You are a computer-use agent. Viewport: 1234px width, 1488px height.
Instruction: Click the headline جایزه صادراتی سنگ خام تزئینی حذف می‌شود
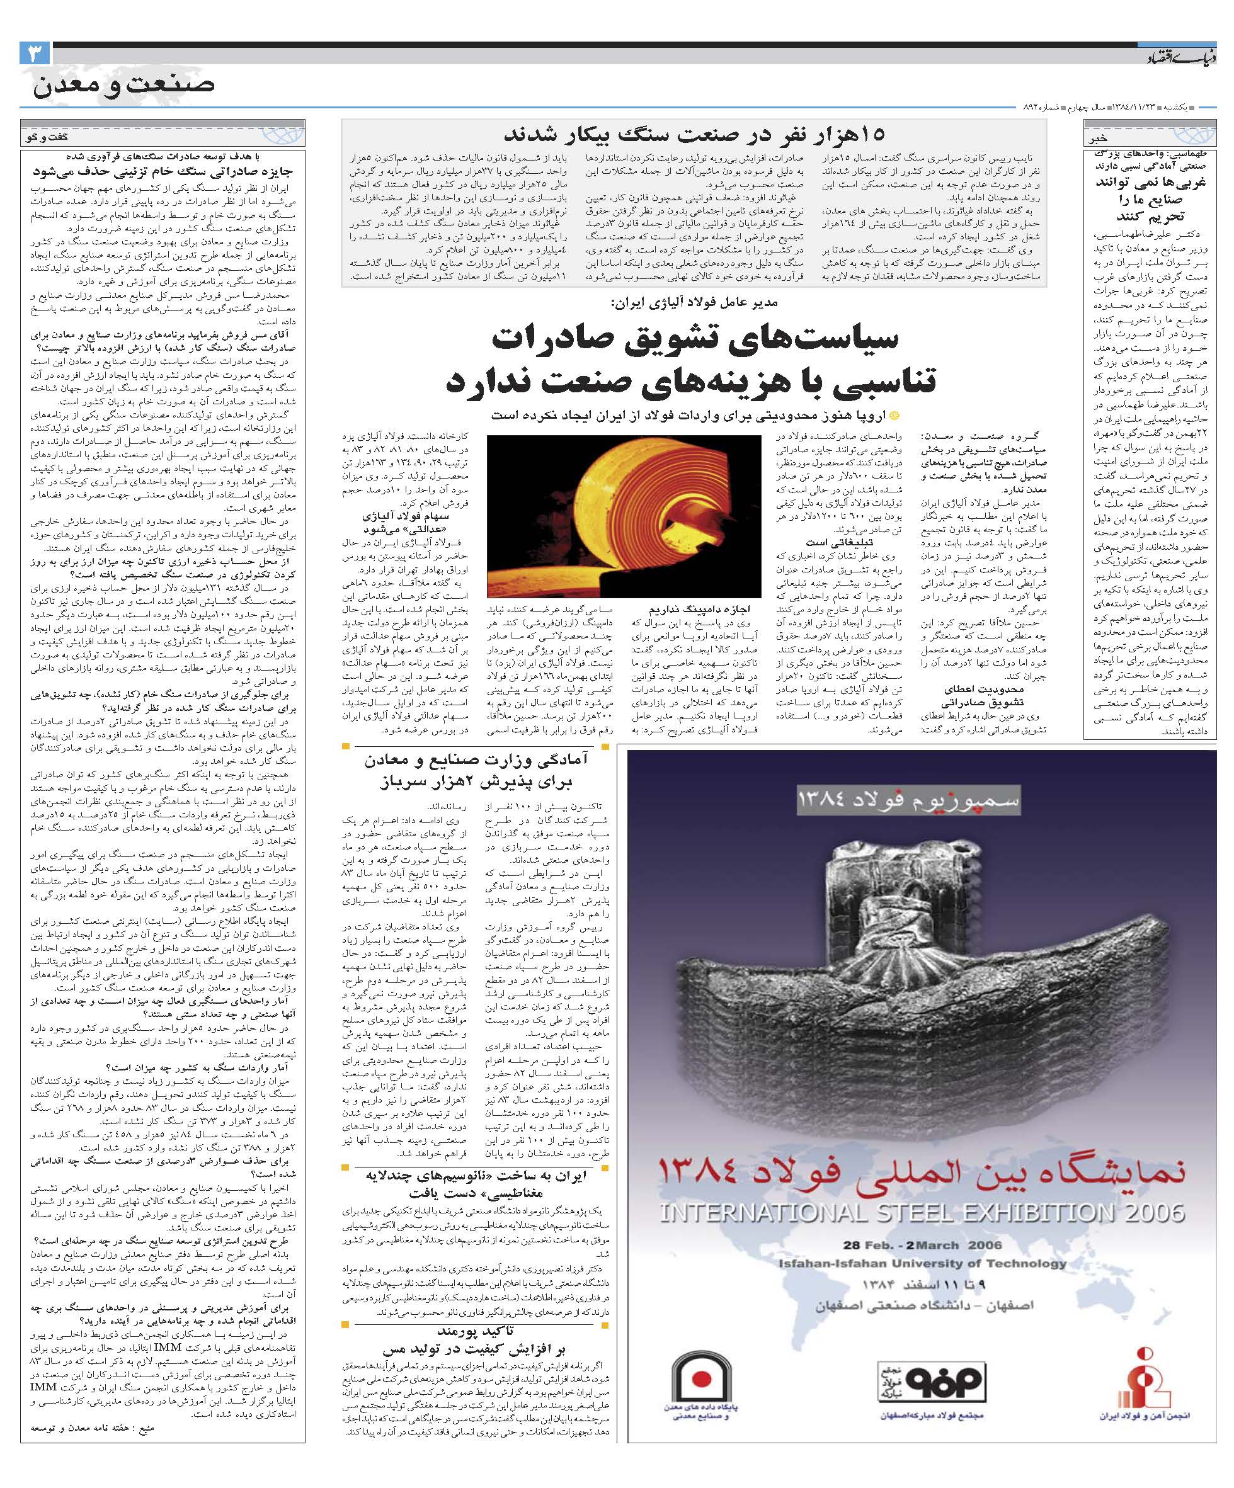coord(163,171)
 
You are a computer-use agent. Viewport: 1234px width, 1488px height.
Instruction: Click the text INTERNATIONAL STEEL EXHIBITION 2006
coord(922,1212)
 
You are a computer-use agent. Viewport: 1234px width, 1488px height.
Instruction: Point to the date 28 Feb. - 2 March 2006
coord(922,1245)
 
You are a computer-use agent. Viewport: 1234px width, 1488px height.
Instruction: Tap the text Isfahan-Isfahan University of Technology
coord(922,1263)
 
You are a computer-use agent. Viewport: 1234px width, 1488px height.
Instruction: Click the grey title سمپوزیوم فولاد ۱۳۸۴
coord(908,800)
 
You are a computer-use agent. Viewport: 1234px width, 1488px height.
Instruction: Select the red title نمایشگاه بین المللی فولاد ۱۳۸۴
coord(922,1172)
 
